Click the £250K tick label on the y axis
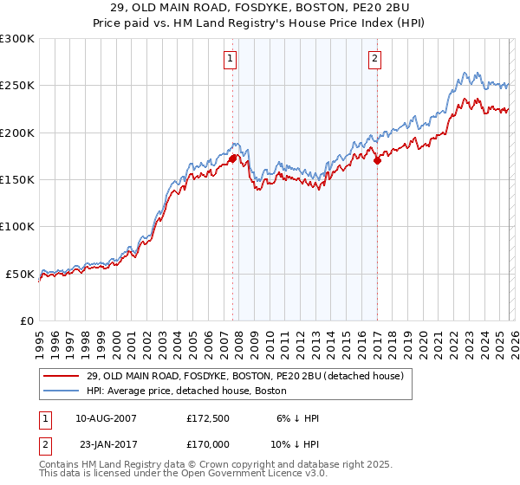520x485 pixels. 16,86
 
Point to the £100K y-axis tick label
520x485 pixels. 16,227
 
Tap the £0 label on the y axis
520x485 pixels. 27,320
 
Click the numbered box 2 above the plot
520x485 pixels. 375,59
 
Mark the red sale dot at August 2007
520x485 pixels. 232,158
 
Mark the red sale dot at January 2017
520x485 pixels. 377,160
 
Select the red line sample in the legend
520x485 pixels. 62,377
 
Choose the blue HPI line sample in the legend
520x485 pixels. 62,391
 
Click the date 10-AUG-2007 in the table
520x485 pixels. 106,418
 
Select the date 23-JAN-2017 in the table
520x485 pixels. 106,444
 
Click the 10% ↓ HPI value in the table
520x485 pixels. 295,444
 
